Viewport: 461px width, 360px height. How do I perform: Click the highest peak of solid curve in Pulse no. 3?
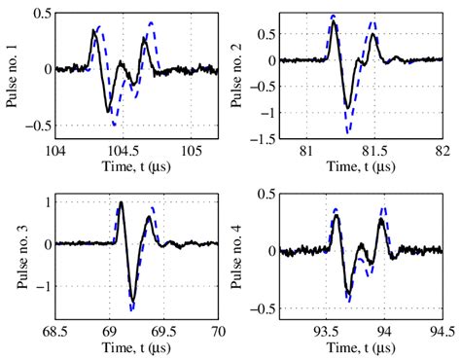(x=121, y=203)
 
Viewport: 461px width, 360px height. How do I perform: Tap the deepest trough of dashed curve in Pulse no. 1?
(x=116, y=126)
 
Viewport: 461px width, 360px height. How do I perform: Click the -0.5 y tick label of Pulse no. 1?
(x=37, y=126)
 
